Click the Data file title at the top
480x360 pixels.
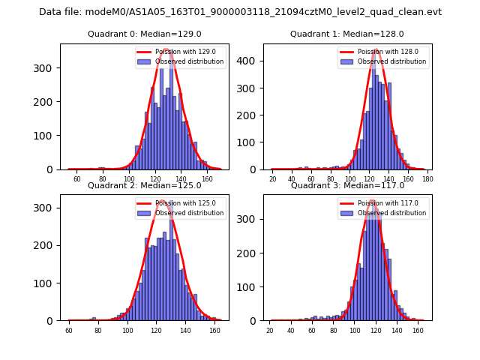(240, 12)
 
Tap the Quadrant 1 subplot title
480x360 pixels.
(347, 34)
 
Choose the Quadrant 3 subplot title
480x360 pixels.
(347, 185)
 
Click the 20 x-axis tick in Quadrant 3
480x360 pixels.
(270, 330)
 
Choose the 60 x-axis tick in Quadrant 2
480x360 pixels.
(68, 330)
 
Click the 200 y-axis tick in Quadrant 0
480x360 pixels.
(46, 101)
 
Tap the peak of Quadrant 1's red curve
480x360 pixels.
(376, 49)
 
